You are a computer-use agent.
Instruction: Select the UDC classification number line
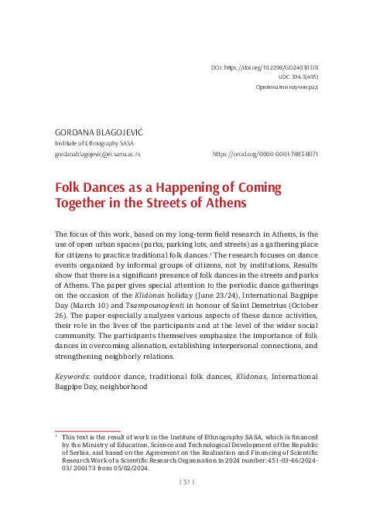(298, 78)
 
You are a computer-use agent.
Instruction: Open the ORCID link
(265, 154)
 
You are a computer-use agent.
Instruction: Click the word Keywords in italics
(70, 376)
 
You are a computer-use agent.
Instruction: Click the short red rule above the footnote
(87, 431)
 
